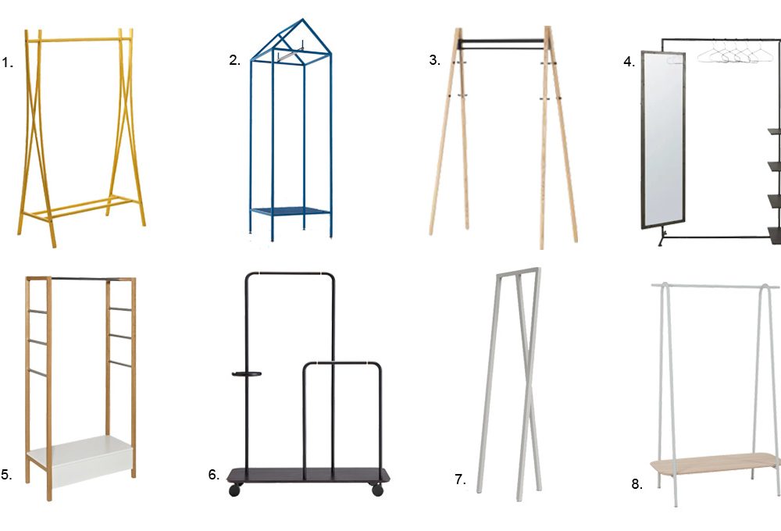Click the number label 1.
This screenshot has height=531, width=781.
click(x=7, y=62)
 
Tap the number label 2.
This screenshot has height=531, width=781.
click(x=234, y=60)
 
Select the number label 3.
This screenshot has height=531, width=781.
click(x=435, y=60)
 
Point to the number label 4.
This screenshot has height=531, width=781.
click(x=629, y=62)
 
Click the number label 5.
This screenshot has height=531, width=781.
click(x=6, y=475)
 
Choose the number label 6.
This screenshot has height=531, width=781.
click(x=214, y=475)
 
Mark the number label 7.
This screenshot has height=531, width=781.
click(x=460, y=479)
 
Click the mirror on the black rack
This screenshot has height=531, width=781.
click(x=663, y=139)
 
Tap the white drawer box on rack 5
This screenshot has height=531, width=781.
click(x=80, y=462)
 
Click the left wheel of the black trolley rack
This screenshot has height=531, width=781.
click(x=234, y=490)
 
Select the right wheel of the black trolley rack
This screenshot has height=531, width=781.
click(x=377, y=490)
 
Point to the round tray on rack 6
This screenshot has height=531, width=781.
click(x=247, y=373)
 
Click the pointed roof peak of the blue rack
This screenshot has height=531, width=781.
click(x=302, y=20)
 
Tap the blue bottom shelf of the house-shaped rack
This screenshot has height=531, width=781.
click(x=291, y=211)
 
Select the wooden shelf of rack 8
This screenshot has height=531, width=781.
click(x=715, y=464)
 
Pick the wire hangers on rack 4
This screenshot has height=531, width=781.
click(x=734, y=52)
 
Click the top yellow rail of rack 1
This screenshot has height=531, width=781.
click(x=79, y=39)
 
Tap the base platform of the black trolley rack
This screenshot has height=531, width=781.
click(x=308, y=476)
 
